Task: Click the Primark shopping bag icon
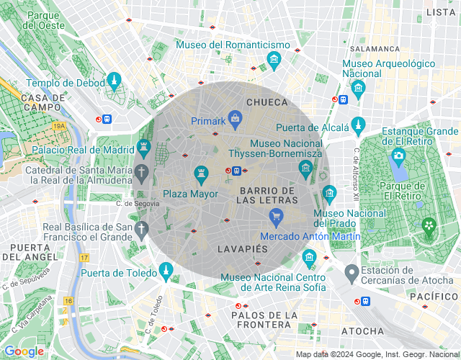pos(235,117)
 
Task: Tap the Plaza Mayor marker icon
pos(202,173)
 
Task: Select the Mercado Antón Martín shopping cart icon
pos(275,215)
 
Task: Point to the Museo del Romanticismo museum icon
pos(274,59)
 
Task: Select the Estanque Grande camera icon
pos(398,155)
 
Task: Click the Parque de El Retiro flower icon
pos(429,226)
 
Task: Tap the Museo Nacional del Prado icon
pos(329,193)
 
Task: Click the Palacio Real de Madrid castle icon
pos(143,149)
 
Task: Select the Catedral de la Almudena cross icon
pos(143,173)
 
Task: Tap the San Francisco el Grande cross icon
pos(143,230)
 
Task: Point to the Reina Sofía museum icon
pos(309,257)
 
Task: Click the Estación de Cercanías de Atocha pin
pos(352,273)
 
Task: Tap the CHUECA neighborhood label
pos(267,103)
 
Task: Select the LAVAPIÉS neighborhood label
pos(242,248)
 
